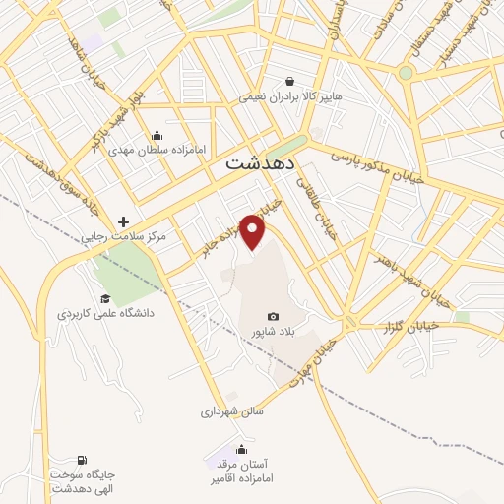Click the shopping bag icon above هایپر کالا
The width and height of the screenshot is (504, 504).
(x=290, y=81)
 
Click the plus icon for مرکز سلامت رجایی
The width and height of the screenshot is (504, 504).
(x=123, y=222)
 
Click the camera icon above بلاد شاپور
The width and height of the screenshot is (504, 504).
(x=273, y=317)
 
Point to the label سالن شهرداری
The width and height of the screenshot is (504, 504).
(x=227, y=411)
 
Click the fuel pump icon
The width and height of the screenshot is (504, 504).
(x=81, y=459)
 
